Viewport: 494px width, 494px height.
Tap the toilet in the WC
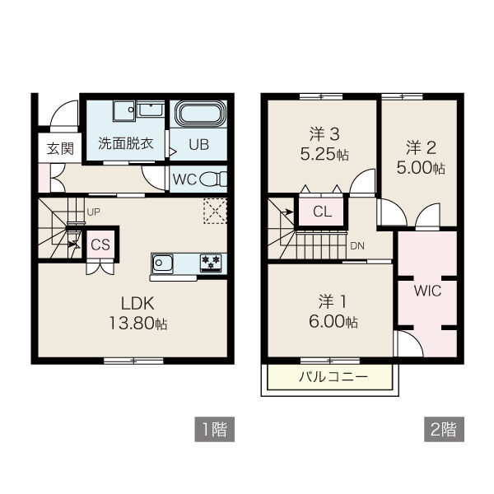213,179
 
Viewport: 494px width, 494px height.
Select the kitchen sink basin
162,263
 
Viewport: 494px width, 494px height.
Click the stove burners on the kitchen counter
211,262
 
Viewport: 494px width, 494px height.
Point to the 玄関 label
60,148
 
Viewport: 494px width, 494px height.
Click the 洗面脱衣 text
125,143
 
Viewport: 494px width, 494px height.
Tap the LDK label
137,303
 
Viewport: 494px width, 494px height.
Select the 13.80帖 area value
138,324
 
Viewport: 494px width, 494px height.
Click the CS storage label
100,245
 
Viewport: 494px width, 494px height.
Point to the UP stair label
93,212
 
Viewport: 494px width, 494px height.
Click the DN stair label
357,246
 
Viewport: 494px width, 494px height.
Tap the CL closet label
322,212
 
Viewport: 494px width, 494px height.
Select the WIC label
427,291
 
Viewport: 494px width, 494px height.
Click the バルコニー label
333,377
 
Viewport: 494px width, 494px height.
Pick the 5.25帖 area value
324,155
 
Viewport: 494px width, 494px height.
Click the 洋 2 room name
421,147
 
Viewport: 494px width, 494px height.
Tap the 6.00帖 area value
333,322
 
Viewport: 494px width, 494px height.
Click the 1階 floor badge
215,429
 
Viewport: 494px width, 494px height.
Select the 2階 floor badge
444,429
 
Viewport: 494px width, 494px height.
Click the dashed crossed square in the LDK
215,211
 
